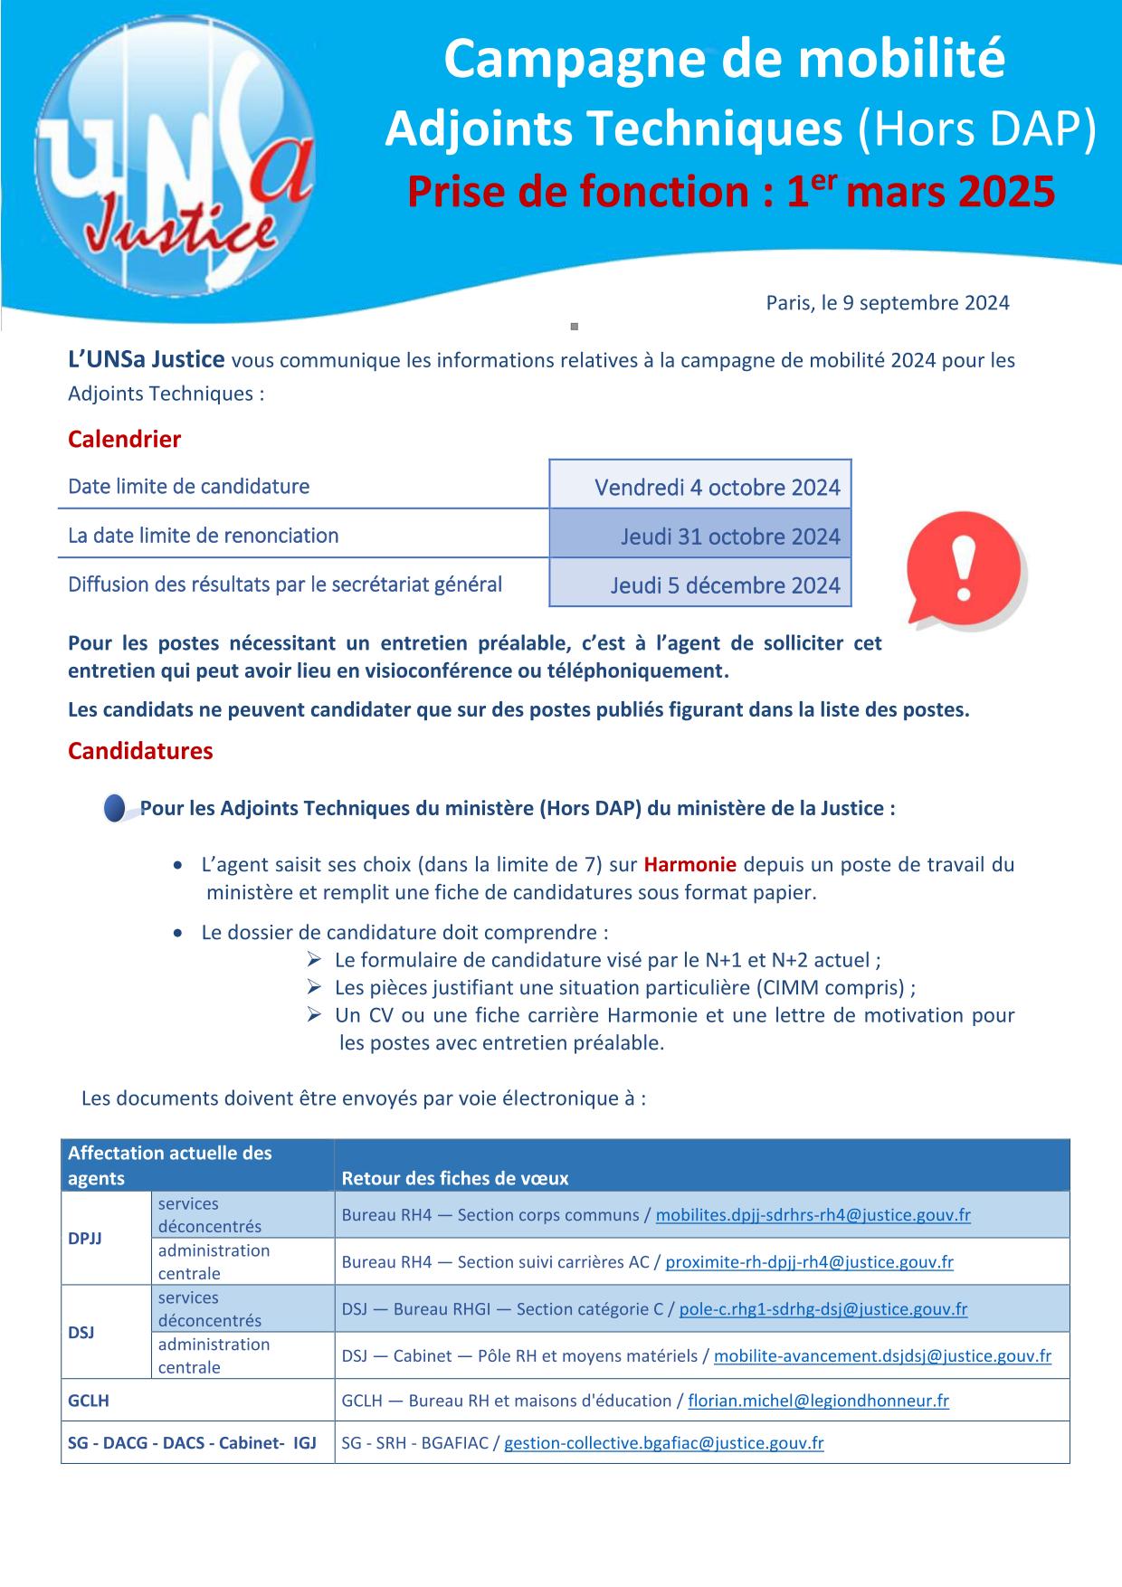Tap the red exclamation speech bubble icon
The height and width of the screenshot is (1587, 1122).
(x=965, y=571)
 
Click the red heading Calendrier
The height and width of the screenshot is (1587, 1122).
(x=124, y=440)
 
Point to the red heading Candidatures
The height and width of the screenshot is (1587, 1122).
(x=140, y=751)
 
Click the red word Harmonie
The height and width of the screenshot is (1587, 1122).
(x=689, y=864)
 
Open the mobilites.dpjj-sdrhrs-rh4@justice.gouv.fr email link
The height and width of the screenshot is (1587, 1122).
(x=813, y=1215)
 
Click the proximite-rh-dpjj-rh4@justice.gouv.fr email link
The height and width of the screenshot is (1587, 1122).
(x=809, y=1262)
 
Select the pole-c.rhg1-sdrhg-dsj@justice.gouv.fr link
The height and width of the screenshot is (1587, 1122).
(x=822, y=1309)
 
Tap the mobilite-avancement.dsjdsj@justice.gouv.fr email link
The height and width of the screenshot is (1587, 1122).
(x=882, y=1356)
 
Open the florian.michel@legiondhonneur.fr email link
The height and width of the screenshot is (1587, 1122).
(x=818, y=1402)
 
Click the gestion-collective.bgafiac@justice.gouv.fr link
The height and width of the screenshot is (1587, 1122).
(x=663, y=1444)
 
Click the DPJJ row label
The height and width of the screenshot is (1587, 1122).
(x=85, y=1239)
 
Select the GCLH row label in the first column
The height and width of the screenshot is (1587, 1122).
(x=89, y=1402)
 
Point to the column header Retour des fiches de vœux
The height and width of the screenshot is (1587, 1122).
(x=455, y=1178)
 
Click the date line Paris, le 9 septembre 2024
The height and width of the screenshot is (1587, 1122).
(x=887, y=303)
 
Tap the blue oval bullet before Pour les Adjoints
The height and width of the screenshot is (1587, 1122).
(x=115, y=808)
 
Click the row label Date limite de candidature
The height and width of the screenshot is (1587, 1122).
(x=188, y=487)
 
